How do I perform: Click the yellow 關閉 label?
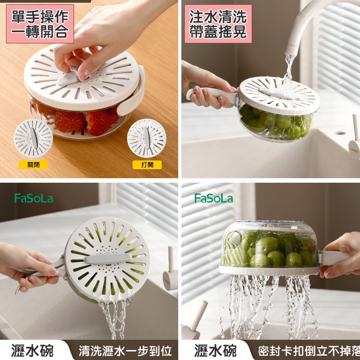pos(33,165)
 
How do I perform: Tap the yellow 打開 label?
pos(147,165)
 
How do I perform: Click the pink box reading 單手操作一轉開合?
pos(40,24)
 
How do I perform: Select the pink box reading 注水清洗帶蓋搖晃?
pos(218,24)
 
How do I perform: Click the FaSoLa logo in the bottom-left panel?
pos(34,198)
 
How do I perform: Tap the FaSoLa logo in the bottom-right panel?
pos(214,198)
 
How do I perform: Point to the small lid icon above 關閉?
pos(33,139)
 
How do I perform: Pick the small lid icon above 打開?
pos(147,138)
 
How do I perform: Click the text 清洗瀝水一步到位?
pos(126,351)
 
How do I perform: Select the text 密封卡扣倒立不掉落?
pos(309,351)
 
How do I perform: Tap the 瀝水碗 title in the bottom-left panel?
pos(32,351)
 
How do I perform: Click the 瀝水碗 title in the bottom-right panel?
pos(215,351)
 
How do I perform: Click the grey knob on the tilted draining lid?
pos(108,259)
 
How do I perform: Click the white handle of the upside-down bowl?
pos(336,258)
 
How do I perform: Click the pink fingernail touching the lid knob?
pos(83,75)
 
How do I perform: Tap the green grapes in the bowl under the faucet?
pos(275,123)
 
